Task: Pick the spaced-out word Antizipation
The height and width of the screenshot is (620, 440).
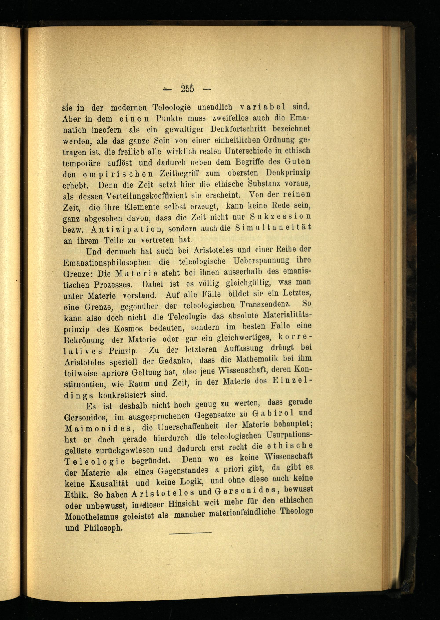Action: coord(126,229)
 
